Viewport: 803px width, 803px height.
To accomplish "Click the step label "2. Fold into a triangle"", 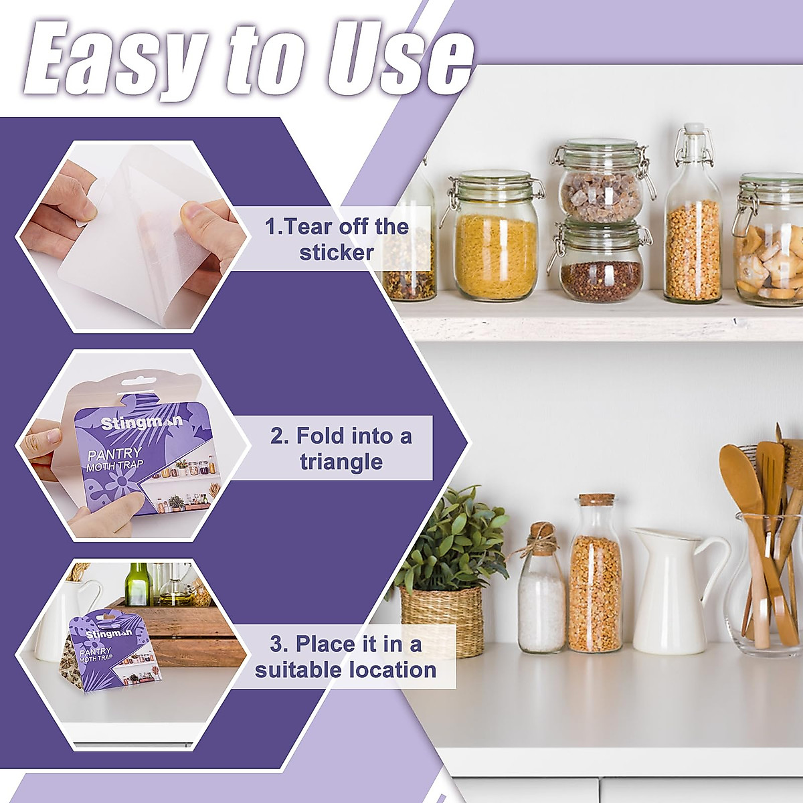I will pyautogui.click(x=341, y=448).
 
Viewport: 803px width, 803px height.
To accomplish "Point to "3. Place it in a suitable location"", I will pyautogui.click(x=345, y=656).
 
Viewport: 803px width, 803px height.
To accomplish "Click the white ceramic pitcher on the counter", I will pyautogui.click(x=669, y=589).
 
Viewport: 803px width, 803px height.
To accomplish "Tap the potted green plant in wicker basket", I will pyautogui.click(x=445, y=569).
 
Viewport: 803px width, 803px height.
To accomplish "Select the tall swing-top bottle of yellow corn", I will pyautogui.click(x=693, y=221).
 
